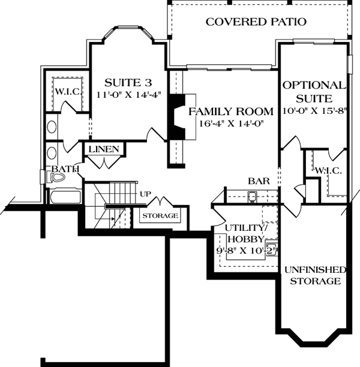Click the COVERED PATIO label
256,22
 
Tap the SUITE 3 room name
128,83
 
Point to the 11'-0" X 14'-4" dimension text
129,95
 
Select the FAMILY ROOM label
231,112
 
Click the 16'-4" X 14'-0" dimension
232,124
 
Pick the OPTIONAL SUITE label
314,92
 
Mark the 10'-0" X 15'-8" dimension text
314,111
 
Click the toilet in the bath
56,177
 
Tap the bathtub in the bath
66,195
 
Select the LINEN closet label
104,149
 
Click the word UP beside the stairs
145,194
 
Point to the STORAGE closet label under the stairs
160,215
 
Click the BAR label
259,181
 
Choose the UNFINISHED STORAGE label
315,275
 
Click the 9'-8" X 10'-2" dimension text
247,251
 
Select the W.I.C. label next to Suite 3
68,91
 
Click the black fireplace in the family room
178,117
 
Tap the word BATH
65,169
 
